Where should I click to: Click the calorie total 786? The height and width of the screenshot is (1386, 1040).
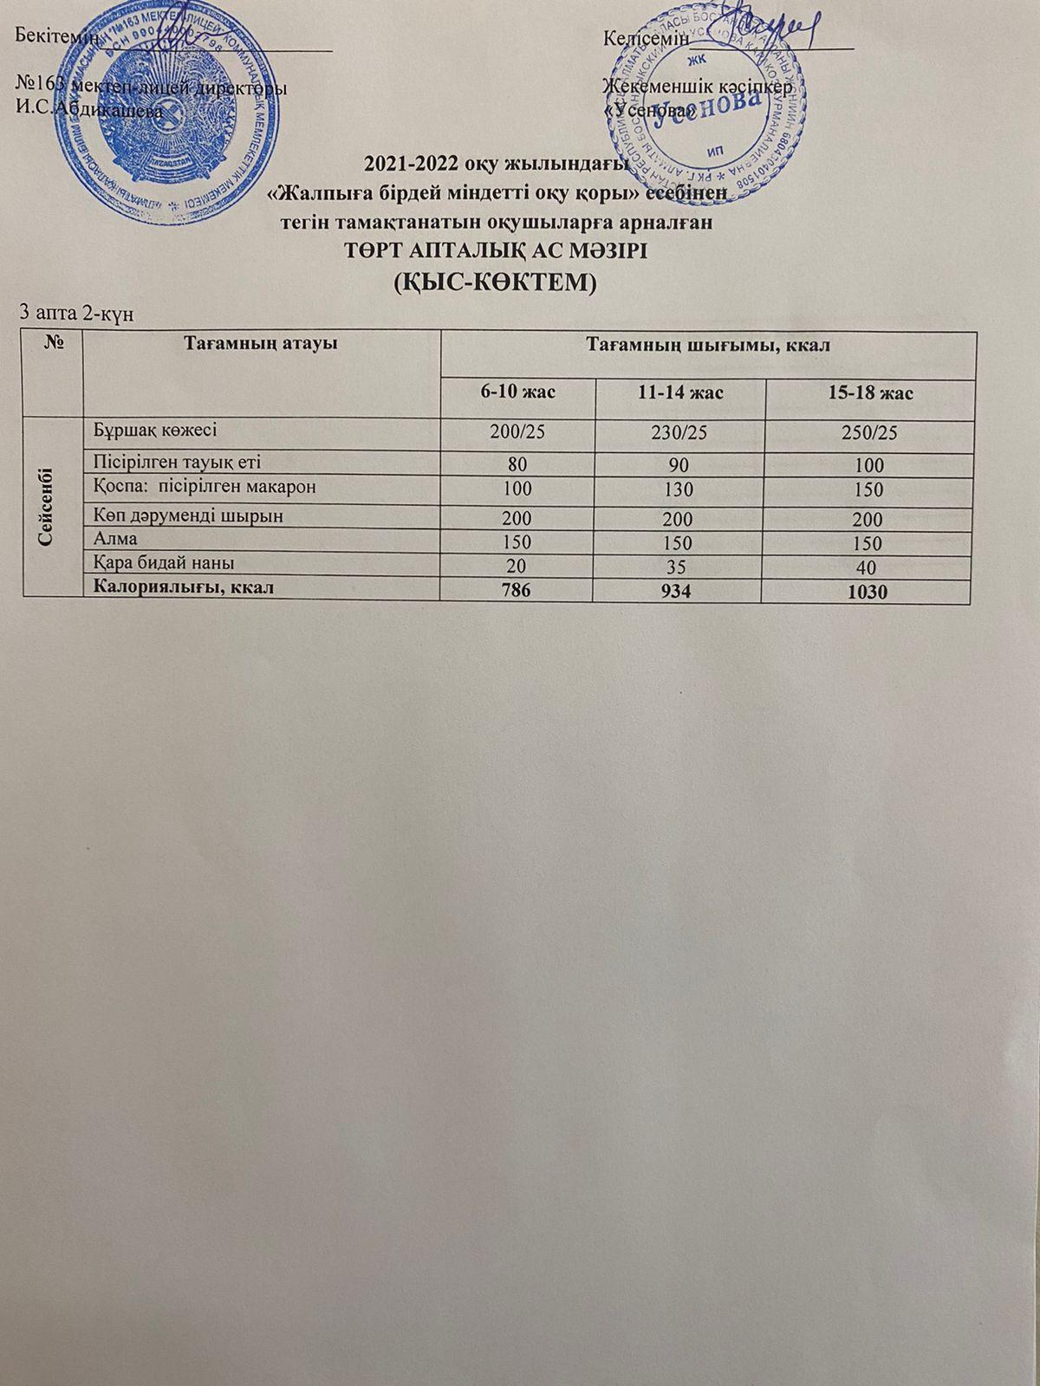click(518, 593)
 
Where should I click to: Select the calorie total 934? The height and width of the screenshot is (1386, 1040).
click(679, 593)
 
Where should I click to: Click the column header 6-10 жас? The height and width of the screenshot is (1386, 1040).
click(518, 392)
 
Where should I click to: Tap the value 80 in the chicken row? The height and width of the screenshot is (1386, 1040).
click(518, 466)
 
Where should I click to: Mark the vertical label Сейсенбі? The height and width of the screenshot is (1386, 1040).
click(50, 506)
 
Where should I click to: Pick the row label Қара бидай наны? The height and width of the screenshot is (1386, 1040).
click(164, 564)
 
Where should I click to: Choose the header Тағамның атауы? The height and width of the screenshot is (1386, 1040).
click(260, 344)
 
